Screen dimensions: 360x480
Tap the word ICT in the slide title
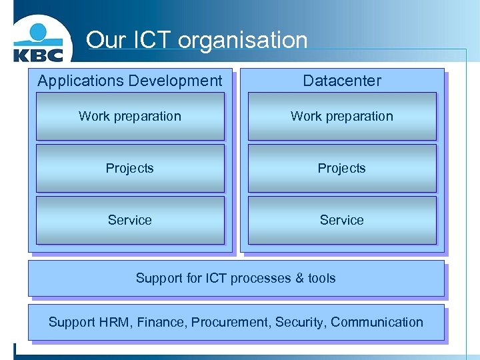coord(151,40)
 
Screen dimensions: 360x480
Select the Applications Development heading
coord(130,81)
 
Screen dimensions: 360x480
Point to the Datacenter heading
coord(342,81)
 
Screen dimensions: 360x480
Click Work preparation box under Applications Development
coord(130,116)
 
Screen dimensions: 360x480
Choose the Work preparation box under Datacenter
coord(342,116)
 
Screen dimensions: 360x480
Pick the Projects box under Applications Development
coord(130,168)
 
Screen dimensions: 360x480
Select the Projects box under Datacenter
coord(342,168)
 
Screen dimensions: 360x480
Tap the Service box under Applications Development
coord(130,220)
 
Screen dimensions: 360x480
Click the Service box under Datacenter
coord(342,220)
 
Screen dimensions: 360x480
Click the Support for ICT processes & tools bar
coord(236,278)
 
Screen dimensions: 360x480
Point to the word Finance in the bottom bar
coord(162,322)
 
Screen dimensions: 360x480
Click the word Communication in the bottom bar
coord(377,322)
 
